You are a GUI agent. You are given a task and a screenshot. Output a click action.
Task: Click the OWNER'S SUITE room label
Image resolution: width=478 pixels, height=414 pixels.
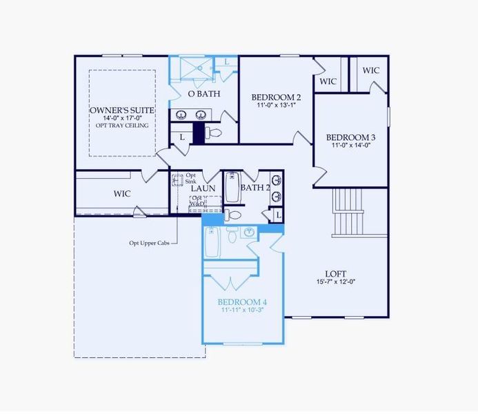point(122,110)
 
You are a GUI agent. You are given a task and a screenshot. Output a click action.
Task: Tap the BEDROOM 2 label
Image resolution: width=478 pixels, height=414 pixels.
point(276,97)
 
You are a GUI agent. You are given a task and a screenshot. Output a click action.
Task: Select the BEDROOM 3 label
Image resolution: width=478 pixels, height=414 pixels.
point(351,137)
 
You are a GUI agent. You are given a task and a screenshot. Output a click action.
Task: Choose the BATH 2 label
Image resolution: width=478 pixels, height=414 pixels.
point(255,187)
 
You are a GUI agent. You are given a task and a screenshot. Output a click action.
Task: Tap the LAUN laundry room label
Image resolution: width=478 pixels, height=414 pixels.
point(203,188)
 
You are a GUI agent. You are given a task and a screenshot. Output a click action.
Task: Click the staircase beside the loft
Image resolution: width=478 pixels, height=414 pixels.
point(348,211)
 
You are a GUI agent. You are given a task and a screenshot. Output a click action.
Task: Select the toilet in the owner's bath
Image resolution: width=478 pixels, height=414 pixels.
point(214,132)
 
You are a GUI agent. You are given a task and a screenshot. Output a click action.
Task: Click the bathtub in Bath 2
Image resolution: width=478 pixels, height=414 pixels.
point(232,187)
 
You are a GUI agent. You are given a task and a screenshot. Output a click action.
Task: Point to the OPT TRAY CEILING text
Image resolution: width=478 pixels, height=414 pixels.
point(122,126)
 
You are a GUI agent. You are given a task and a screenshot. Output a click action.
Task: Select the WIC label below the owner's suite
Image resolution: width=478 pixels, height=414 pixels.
point(122,194)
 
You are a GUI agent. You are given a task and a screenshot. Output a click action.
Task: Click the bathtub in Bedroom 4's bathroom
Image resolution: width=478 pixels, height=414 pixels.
point(212,243)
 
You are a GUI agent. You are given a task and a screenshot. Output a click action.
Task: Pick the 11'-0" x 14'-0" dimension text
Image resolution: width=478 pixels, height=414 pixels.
point(351,145)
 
